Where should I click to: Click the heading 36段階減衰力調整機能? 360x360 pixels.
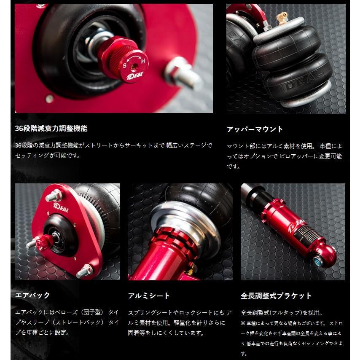coord(51,129)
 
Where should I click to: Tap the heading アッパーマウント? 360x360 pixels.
coord(255,129)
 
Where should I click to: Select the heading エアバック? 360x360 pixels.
coord(32,295)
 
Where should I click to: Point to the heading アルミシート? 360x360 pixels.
coord(149,296)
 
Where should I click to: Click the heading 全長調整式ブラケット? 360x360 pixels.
coord(276,296)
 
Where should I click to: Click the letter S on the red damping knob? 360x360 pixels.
coord(124,65)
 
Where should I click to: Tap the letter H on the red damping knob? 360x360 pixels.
coord(143,62)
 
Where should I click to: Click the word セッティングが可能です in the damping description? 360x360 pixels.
coord(47,155)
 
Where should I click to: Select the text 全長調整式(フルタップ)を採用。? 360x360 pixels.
coord(282,313)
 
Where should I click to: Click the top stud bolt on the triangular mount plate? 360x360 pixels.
coord(54,196)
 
